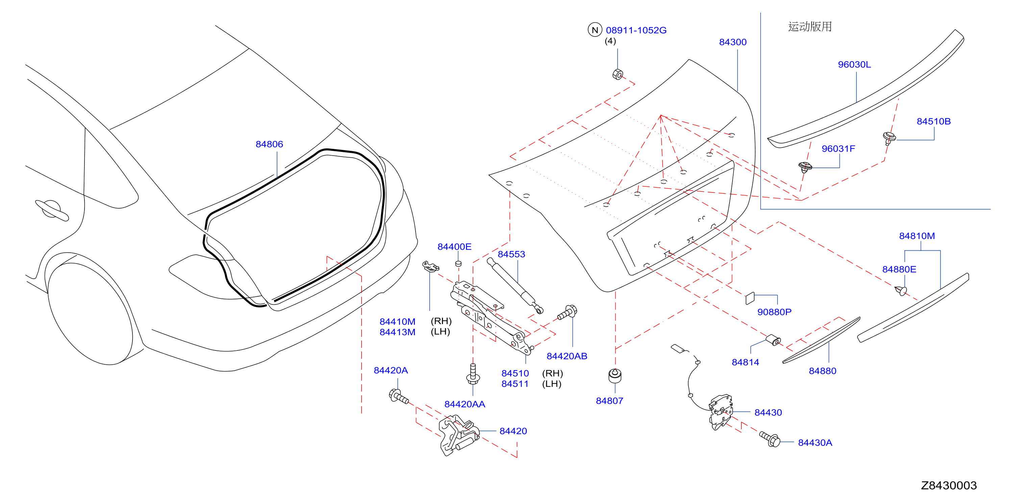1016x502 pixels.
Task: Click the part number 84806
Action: [x=269, y=144]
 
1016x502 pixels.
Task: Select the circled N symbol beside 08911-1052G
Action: [x=595, y=30]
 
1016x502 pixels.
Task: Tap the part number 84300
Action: [x=733, y=42]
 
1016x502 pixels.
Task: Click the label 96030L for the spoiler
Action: [x=854, y=64]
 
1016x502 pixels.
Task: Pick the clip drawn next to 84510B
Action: [x=889, y=138]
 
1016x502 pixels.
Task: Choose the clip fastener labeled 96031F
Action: [x=805, y=167]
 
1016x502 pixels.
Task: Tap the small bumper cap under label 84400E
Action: [x=458, y=264]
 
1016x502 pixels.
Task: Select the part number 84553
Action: [x=511, y=254]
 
